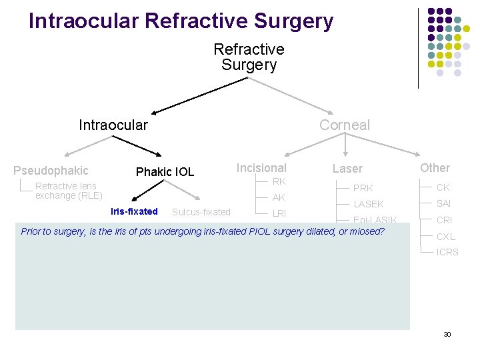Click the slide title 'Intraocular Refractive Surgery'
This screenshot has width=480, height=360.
point(181,21)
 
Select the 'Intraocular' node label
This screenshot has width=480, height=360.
point(113,125)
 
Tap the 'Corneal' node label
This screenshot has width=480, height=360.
point(344,125)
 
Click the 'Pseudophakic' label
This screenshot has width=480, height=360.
point(51,171)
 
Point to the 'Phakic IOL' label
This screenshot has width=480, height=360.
point(165,172)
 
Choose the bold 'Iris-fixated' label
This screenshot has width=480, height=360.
point(134,211)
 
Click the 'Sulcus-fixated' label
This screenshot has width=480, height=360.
point(201,212)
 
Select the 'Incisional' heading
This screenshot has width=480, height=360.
point(261,168)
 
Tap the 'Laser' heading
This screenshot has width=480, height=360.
point(347,169)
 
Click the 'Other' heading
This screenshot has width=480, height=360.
point(435,168)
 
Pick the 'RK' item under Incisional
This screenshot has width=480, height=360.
point(279,181)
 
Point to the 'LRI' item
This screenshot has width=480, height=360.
point(279,213)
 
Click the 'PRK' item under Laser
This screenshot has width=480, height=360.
point(363,188)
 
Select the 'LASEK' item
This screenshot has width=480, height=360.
point(369,204)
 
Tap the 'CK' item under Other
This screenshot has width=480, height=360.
point(443,187)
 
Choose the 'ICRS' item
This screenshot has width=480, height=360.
point(447,252)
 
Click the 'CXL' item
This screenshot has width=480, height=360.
point(446,236)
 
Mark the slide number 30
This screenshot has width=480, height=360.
point(447,334)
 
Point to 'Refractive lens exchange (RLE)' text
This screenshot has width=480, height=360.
point(69,191)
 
